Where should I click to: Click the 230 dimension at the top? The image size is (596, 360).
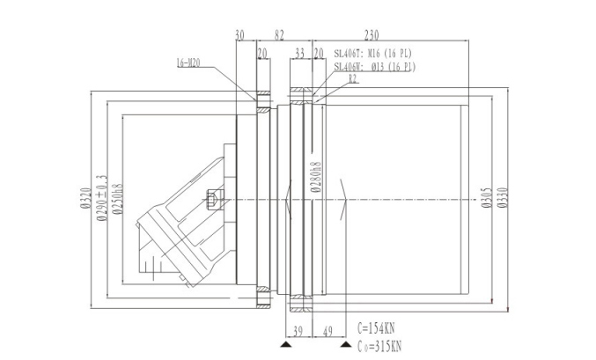[x=371, y=35]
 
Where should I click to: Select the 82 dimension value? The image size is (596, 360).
[x=279, y=35]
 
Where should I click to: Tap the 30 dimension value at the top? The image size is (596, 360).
[x=240, y=35]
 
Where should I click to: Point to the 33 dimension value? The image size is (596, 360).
[x=299, y=53]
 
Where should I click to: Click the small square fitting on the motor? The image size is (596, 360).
[x=211, y=199]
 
